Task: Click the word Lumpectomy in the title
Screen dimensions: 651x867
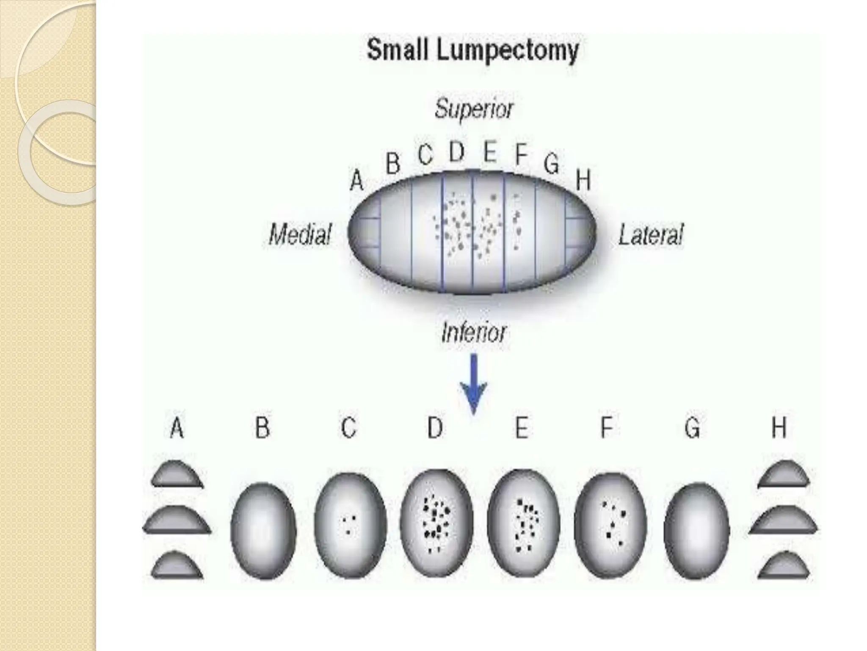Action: tap(508, 51)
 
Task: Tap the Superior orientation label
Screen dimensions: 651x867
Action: tap(474, 109)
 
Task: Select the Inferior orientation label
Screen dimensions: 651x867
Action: tap(473, 332)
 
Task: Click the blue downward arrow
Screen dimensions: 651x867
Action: tap(474, 384)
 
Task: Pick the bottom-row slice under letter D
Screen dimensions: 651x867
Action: tap(436, 524)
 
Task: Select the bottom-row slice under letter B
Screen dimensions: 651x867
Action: tap(263, 530)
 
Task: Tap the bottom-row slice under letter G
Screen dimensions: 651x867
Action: tap(696, 530)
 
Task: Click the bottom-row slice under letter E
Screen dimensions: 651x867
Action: tap(523, 524)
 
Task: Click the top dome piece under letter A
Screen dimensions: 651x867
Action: tap(177, 474)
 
